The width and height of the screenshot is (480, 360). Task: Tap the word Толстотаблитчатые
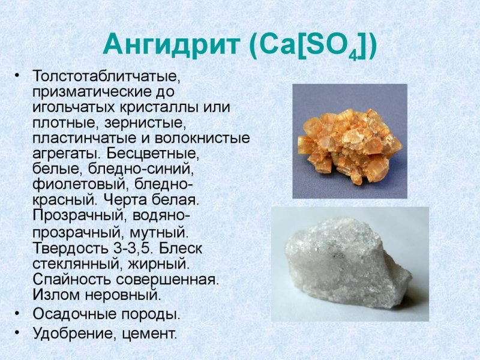click(106, 77)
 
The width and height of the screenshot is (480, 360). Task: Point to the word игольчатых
click(71, 108)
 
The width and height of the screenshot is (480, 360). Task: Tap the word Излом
click(55, 295)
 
